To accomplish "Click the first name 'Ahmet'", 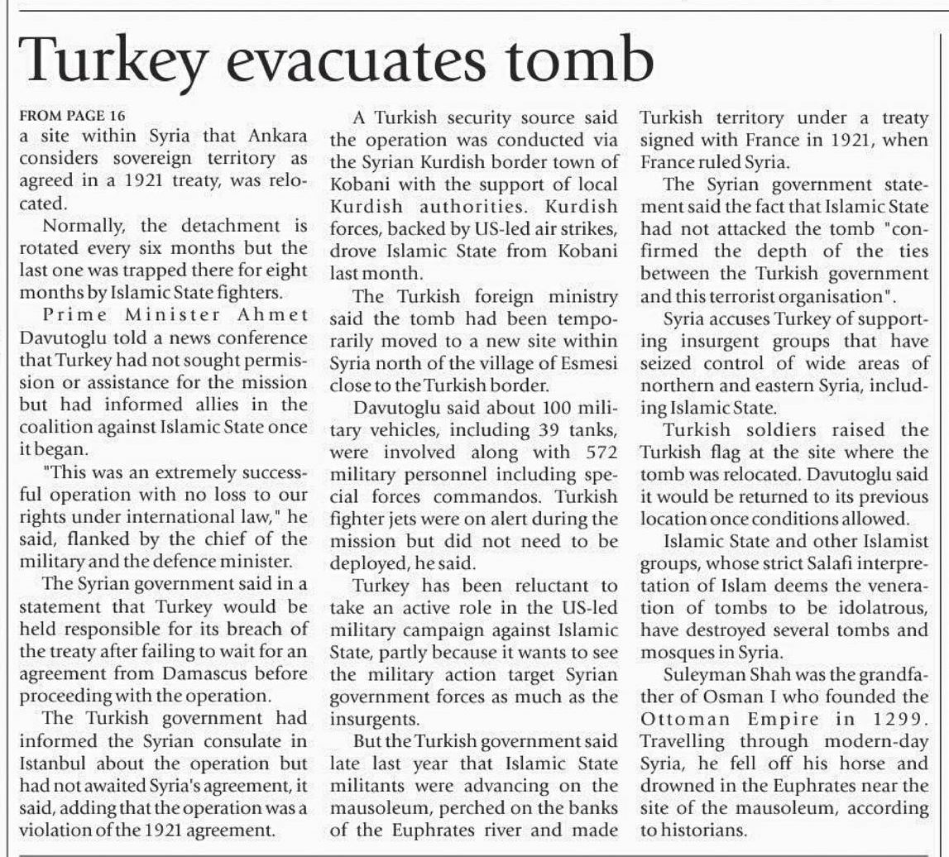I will pos(273,315).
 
